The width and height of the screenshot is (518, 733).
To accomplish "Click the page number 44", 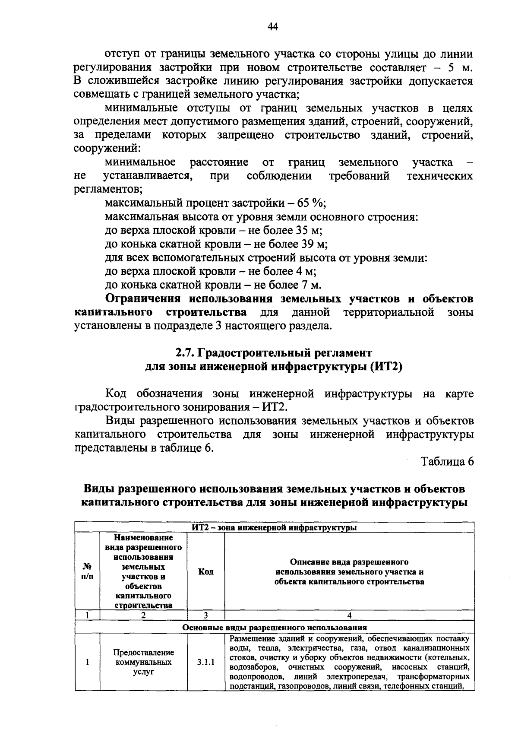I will (x=272, y=27).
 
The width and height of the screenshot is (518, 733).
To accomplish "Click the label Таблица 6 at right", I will (x=448, y=461).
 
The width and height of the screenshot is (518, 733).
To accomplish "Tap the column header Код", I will (x=206, y=572).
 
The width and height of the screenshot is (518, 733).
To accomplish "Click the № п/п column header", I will (x=87, y=572).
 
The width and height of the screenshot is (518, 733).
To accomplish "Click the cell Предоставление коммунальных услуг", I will (x=144, y=662).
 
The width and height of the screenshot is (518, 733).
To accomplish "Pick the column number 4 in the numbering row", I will (x=349, y=615).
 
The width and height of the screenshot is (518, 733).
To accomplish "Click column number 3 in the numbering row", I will (x=206, y=615).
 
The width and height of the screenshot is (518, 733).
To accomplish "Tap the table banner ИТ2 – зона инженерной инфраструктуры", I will (x=274, y=527).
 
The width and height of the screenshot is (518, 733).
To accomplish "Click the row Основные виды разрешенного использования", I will (x=274, y=627).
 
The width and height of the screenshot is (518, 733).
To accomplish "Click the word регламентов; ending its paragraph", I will (x=108, y=189).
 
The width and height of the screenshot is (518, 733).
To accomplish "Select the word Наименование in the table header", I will (x=143, y=538).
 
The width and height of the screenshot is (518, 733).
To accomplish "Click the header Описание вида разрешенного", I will (x=349, y=562).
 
